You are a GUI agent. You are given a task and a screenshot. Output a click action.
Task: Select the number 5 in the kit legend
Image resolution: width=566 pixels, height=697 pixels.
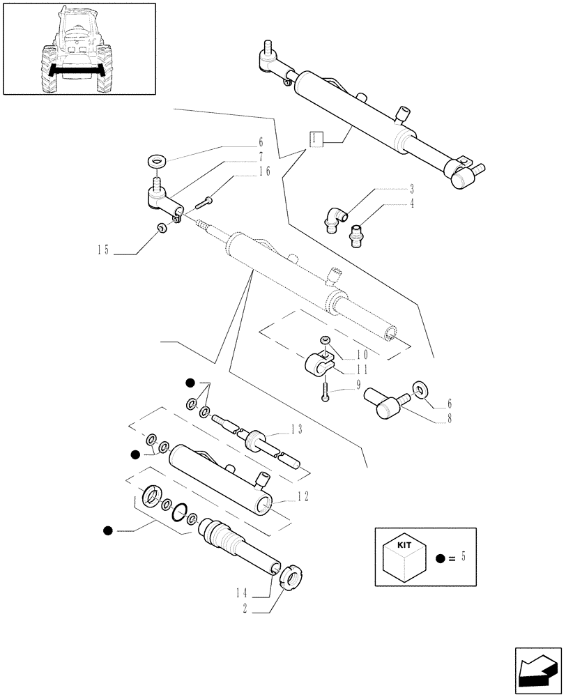coord(464,557)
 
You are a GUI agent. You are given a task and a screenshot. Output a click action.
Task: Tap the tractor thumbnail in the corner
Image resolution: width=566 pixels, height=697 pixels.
coord(78,49)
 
